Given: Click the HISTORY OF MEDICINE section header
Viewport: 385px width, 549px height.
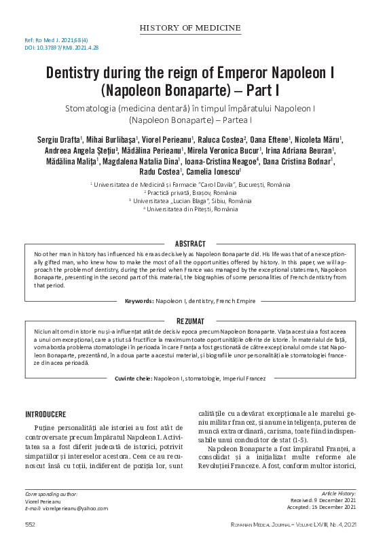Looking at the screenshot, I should (x=190, y=28).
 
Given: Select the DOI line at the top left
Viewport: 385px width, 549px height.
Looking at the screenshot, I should (x=52, y=48).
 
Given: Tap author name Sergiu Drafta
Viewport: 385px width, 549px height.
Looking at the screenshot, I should (x=59, y=139).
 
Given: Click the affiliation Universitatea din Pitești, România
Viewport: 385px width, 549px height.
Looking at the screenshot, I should (x=192, y=209).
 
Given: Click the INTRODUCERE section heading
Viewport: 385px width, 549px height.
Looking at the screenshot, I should (x=45, y=414).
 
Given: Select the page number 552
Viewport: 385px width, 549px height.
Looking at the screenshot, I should (x=30, y=525).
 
